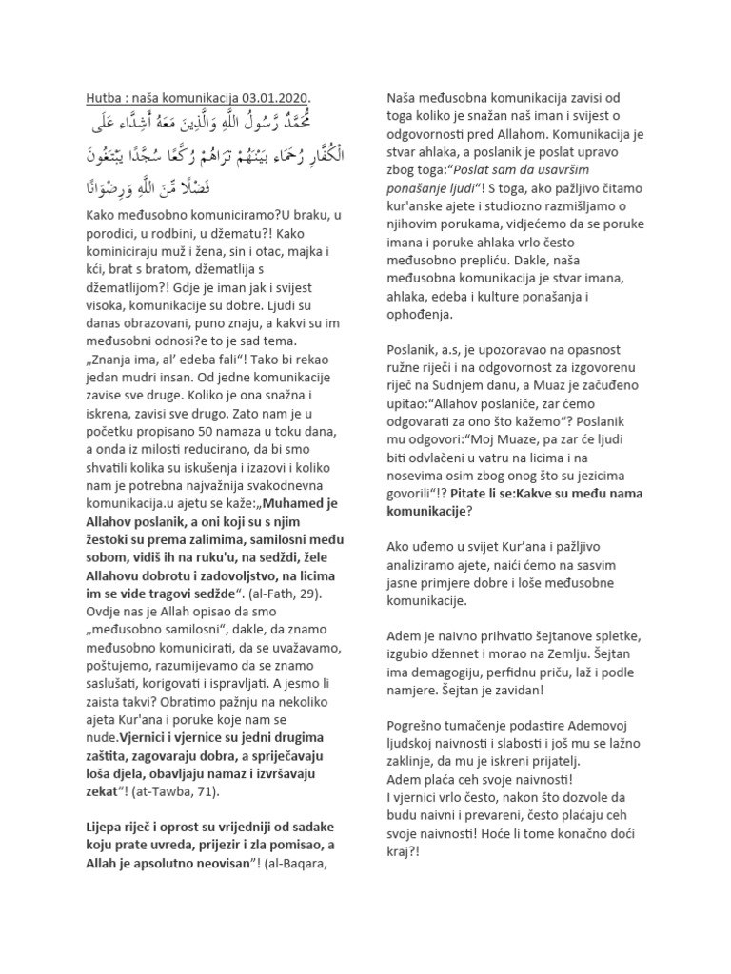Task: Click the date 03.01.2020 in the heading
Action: pos(276,98)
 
